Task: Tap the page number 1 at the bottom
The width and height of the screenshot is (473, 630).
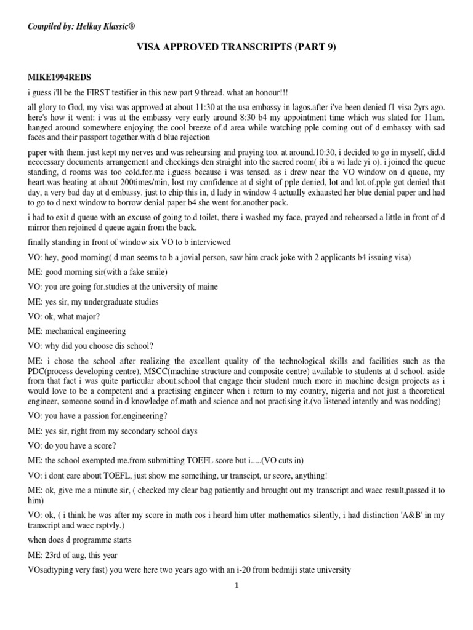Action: pos(236,586)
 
